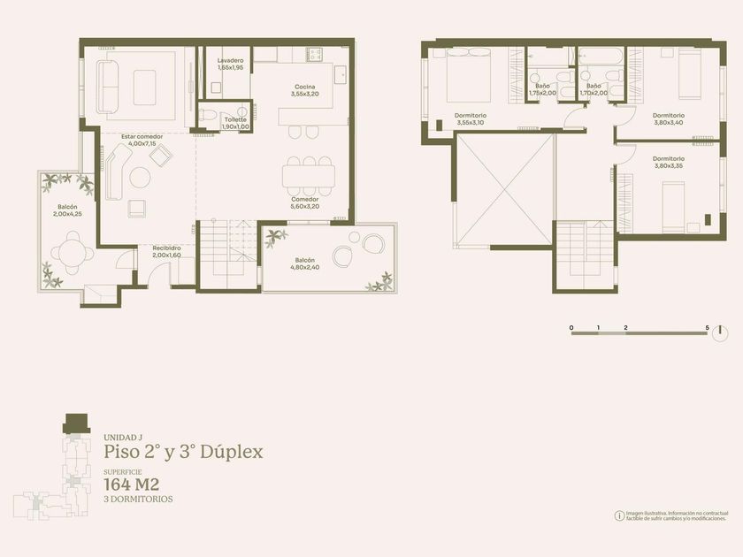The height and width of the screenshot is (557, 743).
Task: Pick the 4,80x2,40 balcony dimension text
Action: click(x=304, y=268)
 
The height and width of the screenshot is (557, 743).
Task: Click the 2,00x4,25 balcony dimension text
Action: click(x=68, y=214)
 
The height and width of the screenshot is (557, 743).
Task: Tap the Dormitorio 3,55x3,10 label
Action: click(x=471, y=119)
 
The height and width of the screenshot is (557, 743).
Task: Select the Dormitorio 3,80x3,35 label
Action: click(x=669, y=163)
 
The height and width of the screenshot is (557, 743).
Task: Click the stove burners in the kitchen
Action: click(x=314, y=55)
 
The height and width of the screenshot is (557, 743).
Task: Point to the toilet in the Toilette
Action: click(x=207, y=115)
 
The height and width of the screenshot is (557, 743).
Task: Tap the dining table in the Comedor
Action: click(x=309, y=176)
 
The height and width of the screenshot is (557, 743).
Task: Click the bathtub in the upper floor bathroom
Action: click(x=601, y=56)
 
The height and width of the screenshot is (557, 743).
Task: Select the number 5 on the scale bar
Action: click(x=707, y=328)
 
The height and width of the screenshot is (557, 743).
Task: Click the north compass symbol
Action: click(x=720, y=333)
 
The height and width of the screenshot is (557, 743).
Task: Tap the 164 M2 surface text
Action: click(x=132, y=485)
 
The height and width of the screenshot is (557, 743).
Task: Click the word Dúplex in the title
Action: click(x=231, y=452)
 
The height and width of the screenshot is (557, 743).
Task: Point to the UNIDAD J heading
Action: click(x=123, y=438)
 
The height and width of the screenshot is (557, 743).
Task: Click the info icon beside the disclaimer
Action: click(x=619, y=515)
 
